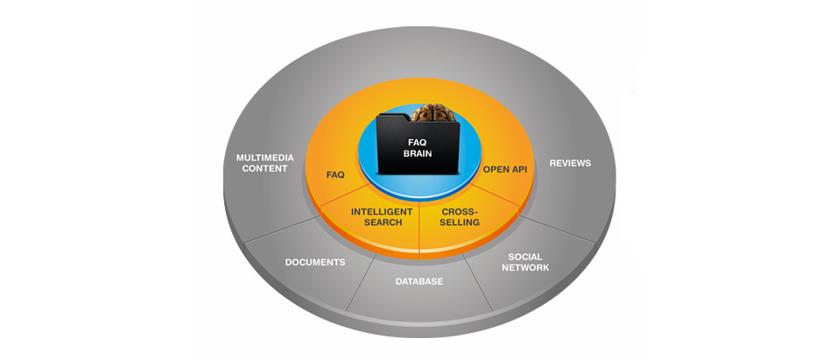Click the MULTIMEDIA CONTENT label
[x=265, y=164]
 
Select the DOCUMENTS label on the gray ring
[x=315, y=262]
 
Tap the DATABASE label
[x=418, y=282]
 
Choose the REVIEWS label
[x=570, y=163]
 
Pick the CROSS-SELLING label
[x=460, y=216]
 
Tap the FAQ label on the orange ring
[x=335, y=175]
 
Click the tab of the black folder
[x=393, y=117]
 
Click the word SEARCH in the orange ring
[x=383, y=222]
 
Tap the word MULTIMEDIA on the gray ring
[x=265, y=158]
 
